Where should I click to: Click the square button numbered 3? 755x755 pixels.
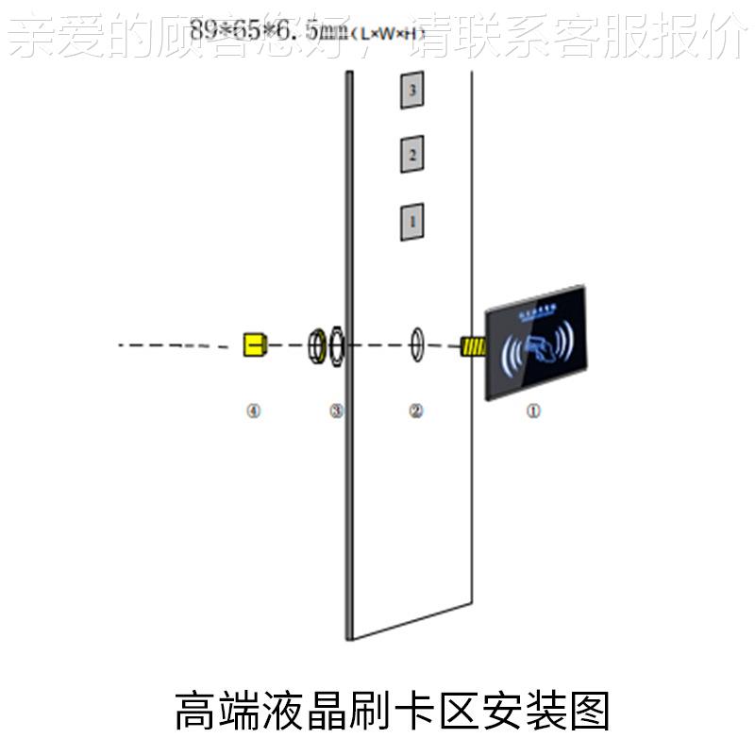coord(411,91)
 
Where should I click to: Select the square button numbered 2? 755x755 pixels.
coord(411,154)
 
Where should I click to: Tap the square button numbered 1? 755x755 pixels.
coord(411,221)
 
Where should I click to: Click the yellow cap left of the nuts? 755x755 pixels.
coord(253,344)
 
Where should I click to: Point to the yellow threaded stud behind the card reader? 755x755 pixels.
coord(471,345)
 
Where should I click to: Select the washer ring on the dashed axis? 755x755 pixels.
coord(416,344)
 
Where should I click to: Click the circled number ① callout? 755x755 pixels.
coord(533,411)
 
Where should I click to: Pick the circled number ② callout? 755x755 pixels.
coord(415,411)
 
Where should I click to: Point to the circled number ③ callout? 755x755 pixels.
coord(336,411)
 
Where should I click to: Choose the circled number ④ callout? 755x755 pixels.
coord(253,411)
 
